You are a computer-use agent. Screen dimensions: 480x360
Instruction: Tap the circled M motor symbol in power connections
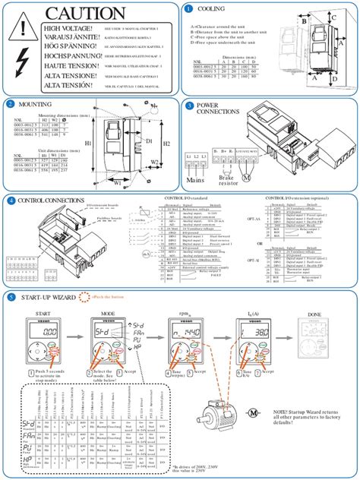pyautogui.click(x=245, y=169)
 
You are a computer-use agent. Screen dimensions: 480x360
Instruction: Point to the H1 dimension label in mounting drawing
pyautogui.click(x=88, y=143)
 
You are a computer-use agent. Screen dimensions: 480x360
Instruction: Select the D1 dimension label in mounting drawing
pyautogui.click(x=169, y=141)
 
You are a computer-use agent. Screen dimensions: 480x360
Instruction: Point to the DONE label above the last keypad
pyautogui.click(x=314, y=313)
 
